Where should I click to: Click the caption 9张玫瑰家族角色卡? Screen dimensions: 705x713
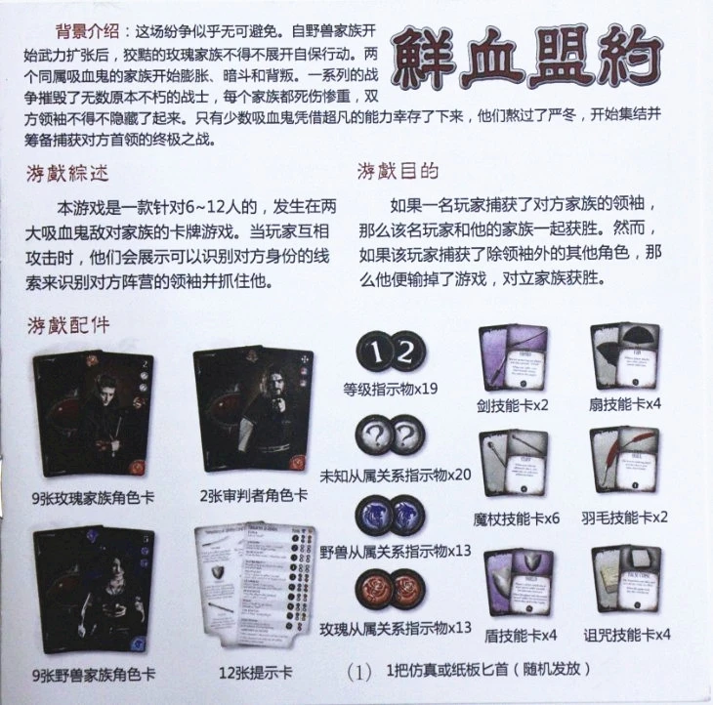[x=94, y=497]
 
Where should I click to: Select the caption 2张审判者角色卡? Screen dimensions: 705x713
[x=254, y=495]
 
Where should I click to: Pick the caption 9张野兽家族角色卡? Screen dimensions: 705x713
[x=94, y=674]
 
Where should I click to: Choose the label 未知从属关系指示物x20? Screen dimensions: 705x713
[x=396, y=475]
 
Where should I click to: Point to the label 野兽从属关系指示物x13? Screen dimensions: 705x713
[x=396, y=552]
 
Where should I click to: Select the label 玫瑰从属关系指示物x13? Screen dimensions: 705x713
[x=396, y=627]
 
